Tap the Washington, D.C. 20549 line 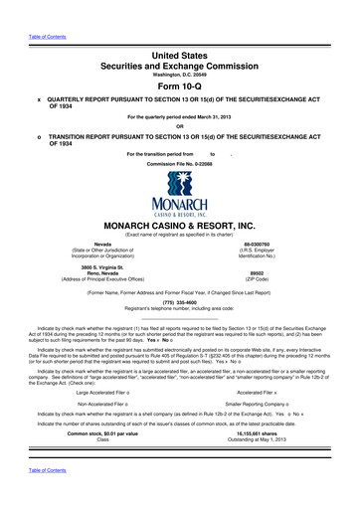click(179, 72)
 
